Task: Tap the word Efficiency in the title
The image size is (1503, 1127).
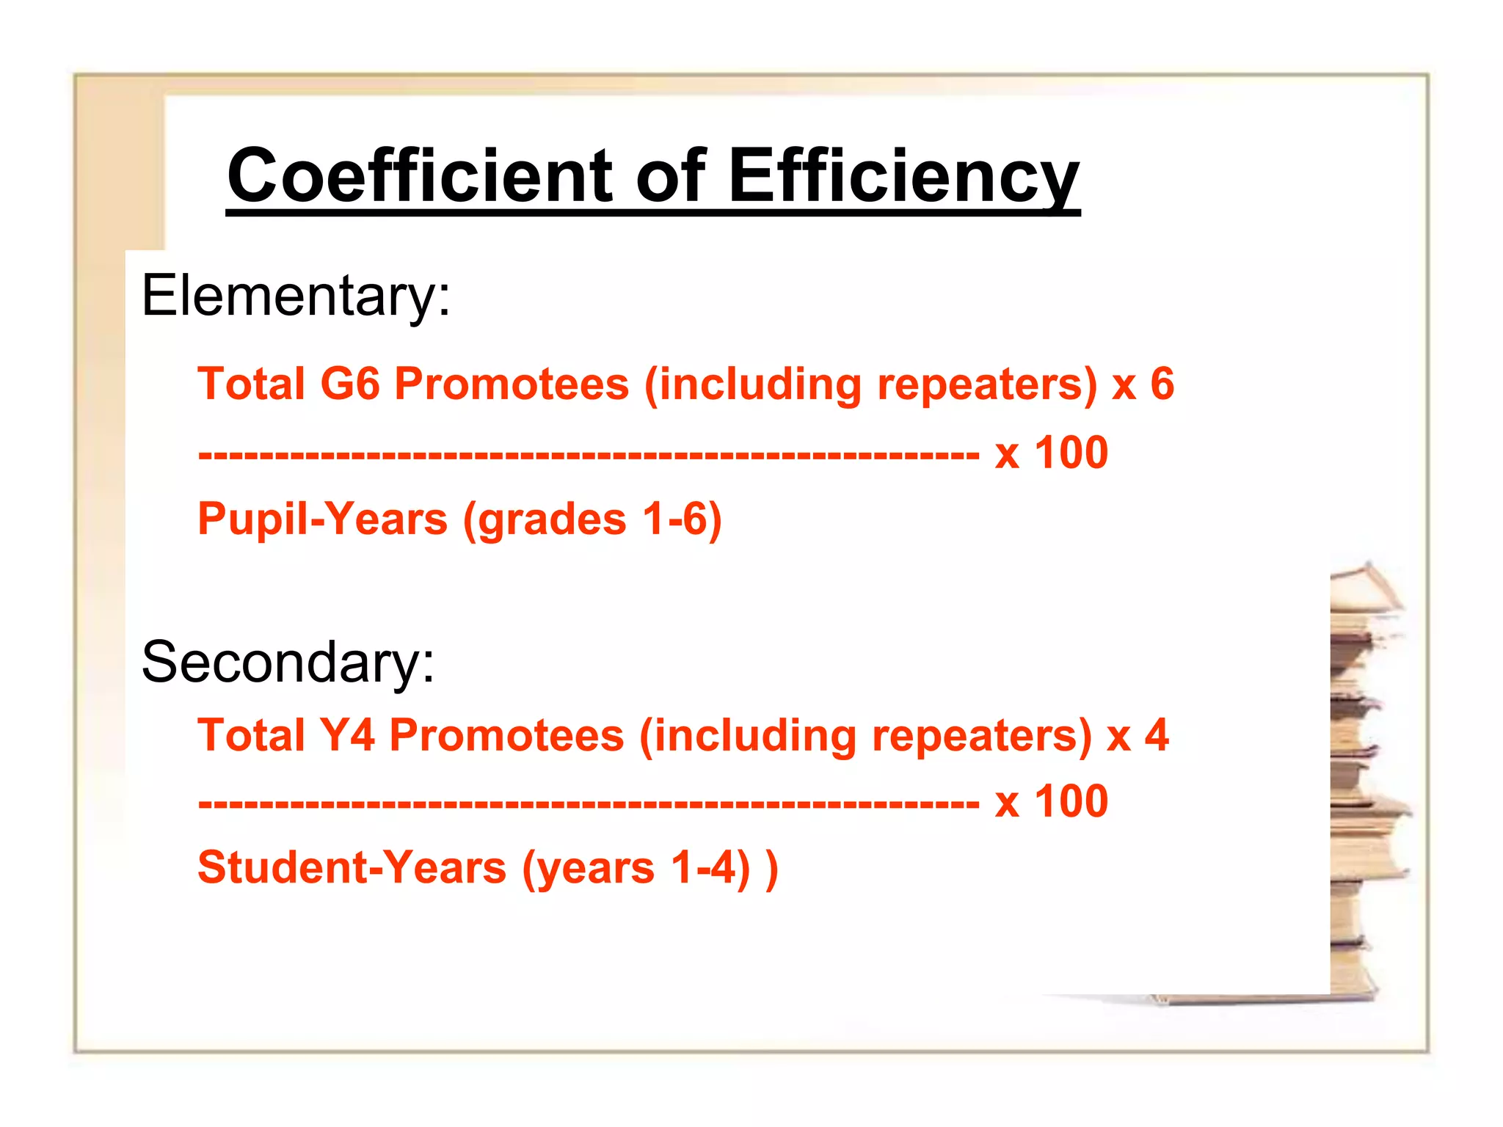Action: (x=903, y=176)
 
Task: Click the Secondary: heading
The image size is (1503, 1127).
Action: (x=288, y=662)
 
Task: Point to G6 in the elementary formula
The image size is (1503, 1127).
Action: (x=350, y=384)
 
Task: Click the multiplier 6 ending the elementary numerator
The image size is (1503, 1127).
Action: (x=1162, y=384)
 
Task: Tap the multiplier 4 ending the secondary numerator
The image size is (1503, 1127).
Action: (x=1157, y=735)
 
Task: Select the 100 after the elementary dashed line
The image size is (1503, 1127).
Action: (x=1071, y=453)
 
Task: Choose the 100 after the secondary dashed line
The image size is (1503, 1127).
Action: (x=1071, y=801)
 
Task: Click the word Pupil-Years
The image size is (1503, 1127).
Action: (x=322, y=519)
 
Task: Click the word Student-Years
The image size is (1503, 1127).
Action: (x=352, y=868)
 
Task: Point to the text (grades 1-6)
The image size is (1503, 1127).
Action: (x=592, y=519)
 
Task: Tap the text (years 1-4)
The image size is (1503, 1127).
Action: (x=636, y=868)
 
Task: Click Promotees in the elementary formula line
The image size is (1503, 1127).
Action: (x=512, y=384)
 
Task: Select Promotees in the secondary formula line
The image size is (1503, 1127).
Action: (x=506, y=735)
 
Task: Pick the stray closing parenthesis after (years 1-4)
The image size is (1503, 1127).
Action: (x=771, y=868)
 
